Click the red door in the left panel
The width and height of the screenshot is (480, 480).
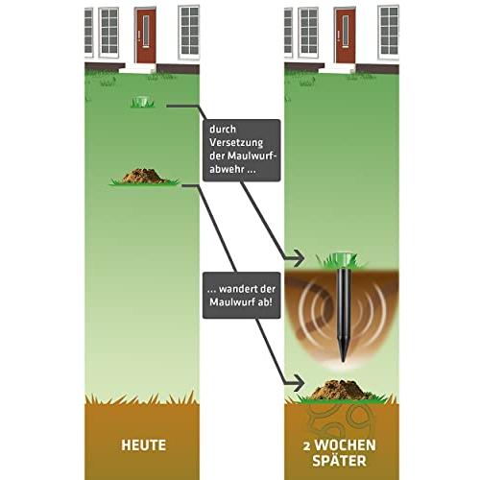tap(146, 36)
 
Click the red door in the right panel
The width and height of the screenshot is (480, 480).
tap(345, 36)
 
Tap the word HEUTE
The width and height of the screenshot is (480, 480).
tap(144, 445)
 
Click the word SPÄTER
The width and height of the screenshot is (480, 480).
tap(339, 460)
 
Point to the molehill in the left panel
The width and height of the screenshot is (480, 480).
tap(145, 177)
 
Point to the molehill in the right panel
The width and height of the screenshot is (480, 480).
tap(342, 391)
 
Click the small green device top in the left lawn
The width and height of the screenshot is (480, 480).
tap(142, 102)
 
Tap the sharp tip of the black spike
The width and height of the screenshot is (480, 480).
tap(344, 362)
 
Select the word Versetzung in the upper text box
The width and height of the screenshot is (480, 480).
tap(236, 142)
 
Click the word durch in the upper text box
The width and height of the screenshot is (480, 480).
tap(223, 129)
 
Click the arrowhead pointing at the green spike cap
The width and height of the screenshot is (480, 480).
tap(297, 258)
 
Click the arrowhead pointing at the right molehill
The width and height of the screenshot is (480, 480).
tap(297, 382)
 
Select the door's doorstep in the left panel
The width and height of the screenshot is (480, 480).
tap(138, 68)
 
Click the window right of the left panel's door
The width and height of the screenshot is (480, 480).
tap(189, 32)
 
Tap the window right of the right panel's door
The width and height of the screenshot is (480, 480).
tap(389, 32)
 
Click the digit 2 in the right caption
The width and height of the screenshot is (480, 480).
tap(306, 446)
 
